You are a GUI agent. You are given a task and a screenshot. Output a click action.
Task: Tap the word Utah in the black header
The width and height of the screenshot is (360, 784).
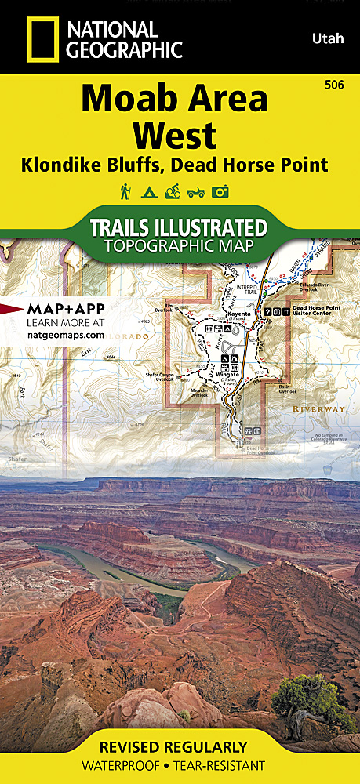coord(325,37)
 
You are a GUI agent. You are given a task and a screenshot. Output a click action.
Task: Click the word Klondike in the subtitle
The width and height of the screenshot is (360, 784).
coord(66,165)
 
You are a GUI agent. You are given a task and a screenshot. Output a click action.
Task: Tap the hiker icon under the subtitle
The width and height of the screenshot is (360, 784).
coord(125,191)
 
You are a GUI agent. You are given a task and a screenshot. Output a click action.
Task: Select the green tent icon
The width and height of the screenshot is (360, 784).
coord(148,191)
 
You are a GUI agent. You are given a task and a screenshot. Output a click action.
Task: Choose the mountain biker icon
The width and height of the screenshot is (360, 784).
coord(172,191)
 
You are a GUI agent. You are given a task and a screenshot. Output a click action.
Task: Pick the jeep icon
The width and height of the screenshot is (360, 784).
coord(195,191)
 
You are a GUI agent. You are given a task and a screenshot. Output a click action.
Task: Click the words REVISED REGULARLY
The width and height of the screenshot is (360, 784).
coord(180,746)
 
